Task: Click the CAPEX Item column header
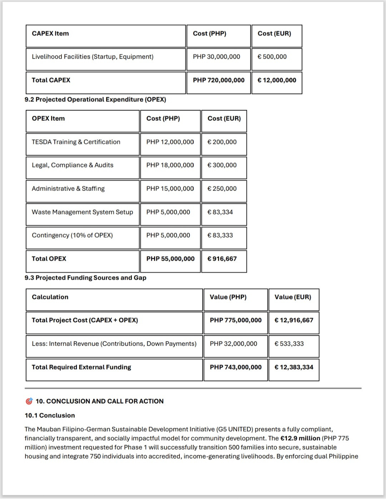[50, 34]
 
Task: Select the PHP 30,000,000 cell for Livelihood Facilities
[216, 57]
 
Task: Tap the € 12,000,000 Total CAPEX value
[277, 80]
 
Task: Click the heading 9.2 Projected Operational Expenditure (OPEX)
[95, 100]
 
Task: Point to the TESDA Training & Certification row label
[76, 142]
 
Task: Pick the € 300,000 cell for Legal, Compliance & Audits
[222, 165]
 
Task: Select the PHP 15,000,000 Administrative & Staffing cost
[170, 189]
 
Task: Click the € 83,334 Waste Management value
[220, 212]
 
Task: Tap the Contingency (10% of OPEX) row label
[72, 236]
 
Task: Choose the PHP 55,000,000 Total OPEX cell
[170, 259]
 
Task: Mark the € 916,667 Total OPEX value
[222, 259]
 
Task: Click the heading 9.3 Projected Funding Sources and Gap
[85, 278]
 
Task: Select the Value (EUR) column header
[293, 297]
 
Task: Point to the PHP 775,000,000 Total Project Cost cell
[236, 320]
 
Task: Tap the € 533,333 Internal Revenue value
[289, 344]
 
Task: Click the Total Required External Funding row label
[81, 367]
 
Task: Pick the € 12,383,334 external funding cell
[294, 367]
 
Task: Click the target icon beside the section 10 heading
[29, 401]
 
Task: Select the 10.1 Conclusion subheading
[50, 416]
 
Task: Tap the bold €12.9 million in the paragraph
[300, 439]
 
